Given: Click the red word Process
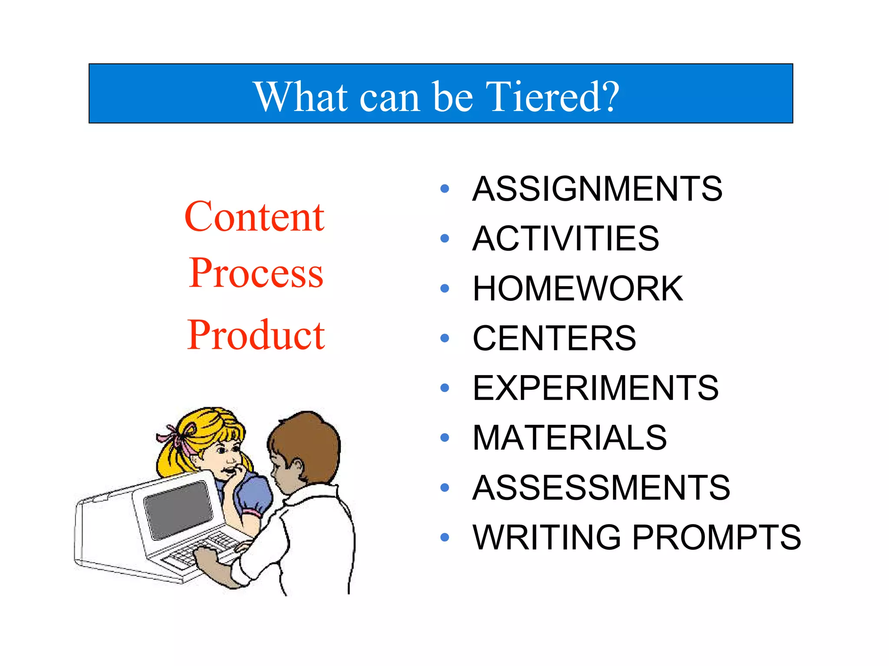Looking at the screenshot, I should [256, 273].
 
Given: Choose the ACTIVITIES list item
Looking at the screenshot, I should [566, 238].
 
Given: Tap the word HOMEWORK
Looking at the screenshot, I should [578, 288].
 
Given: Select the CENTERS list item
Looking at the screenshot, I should [554, 338].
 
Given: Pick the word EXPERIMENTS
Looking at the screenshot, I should [596, 388].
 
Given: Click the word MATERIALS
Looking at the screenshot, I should [570, 437].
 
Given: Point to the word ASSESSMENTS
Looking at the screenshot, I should [601, 487].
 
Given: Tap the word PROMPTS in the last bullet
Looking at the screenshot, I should [716, 537].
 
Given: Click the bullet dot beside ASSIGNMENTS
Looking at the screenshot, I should [444, 189].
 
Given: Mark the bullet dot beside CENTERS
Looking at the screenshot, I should [444, 338].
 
